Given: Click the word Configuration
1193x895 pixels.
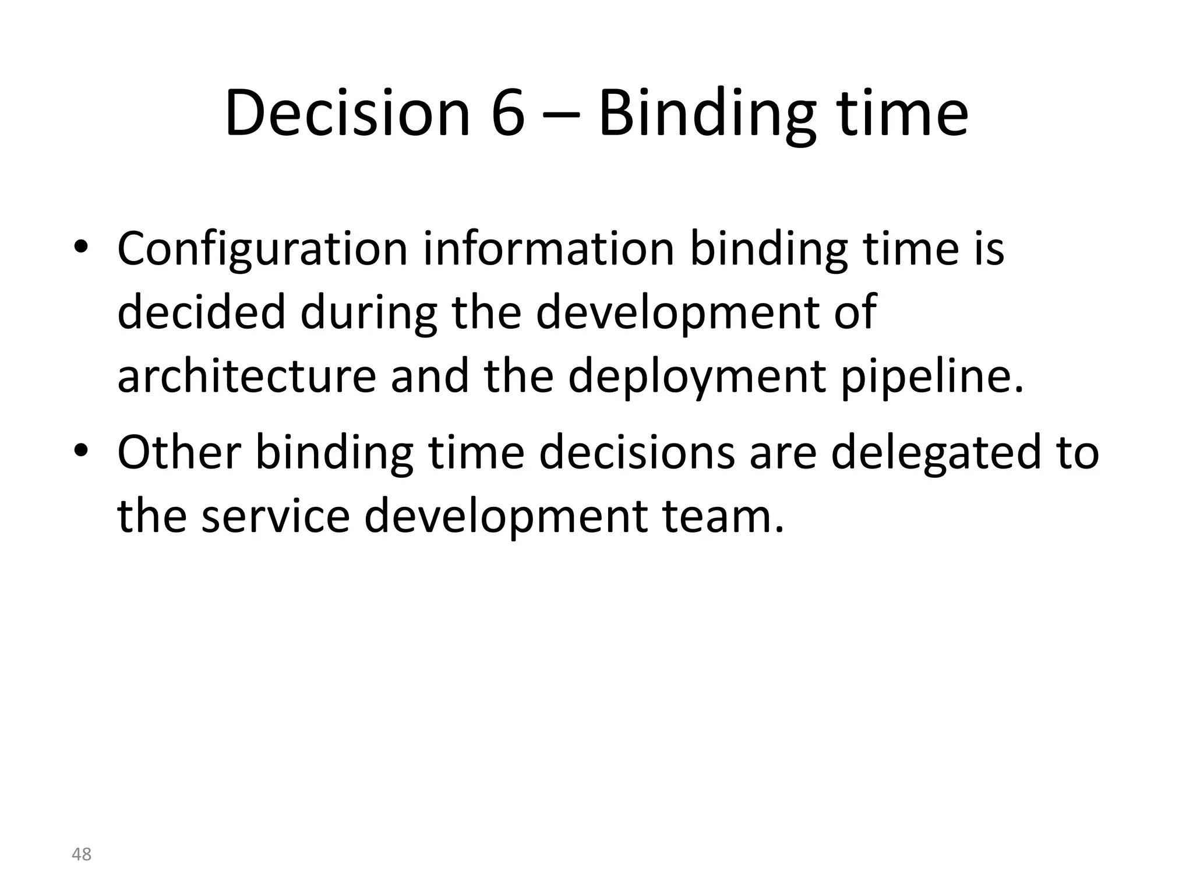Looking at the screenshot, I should [263, 249].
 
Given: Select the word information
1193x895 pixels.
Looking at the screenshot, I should [548, 249].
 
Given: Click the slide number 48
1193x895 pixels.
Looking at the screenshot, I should [82, 855].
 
